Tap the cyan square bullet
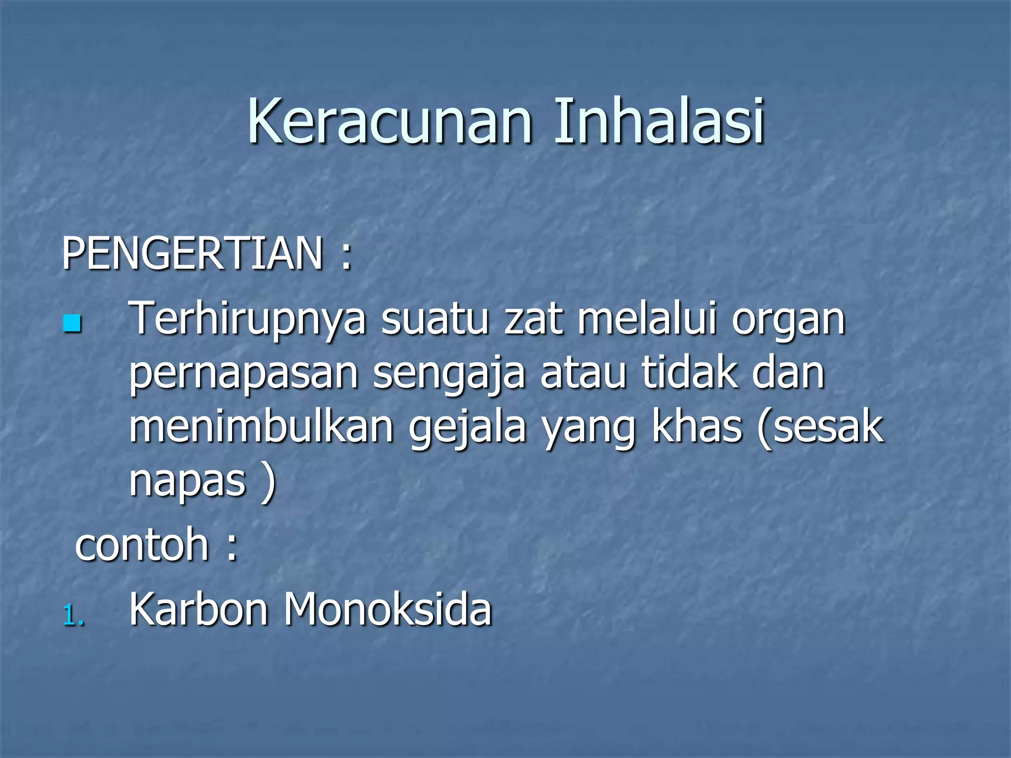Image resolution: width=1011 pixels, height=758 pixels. click(x=72, y=324)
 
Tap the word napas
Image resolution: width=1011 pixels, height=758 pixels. click(x=187, y=482)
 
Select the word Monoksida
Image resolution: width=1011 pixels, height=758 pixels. click(x=387, y=609)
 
